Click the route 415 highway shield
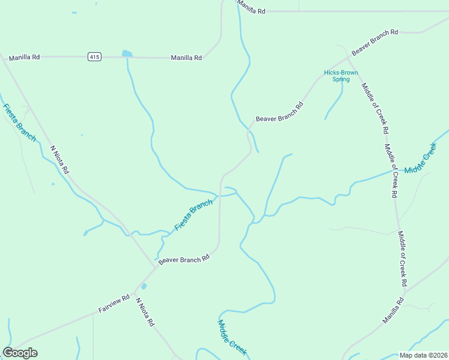click(94, 57)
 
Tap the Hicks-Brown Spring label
click(341, 76)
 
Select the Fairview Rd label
click(114, 305)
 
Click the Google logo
click(20, 353)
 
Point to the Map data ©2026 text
click(422, 355)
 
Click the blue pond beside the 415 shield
click(127, 53)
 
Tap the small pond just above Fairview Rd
click(143, 286)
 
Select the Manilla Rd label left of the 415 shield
click(24, 57)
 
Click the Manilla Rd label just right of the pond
click(186, 58)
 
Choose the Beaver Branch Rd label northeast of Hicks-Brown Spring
click(375, 43)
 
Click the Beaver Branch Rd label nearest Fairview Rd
click(184, 259)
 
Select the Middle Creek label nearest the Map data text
click(232, 338)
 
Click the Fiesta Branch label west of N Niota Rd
click(20, 123)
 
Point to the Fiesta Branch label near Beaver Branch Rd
click(193, 215)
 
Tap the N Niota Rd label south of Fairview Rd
click(145, 312)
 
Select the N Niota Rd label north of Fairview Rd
click(60, 160)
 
